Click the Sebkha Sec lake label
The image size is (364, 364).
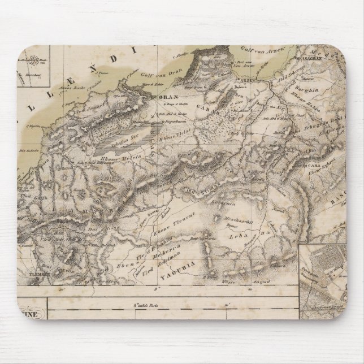click(x=125, y=129)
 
